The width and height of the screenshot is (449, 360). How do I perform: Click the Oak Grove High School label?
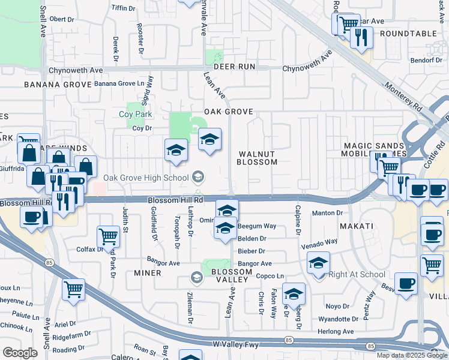pyautogui.click(x=145, y=177)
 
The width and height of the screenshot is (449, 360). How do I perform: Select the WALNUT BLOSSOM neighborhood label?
pyautogui.click(x=257, y=158)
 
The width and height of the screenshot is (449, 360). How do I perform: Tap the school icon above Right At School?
pyautogui.click(x=319, y=263)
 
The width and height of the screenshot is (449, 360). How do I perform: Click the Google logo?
pyautogui.click(x=20, y=353)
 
